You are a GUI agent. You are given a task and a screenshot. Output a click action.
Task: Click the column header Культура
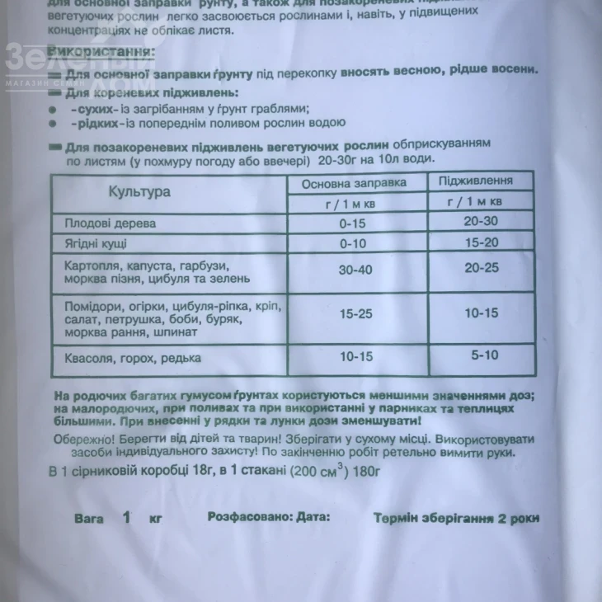click(x=139, y=191)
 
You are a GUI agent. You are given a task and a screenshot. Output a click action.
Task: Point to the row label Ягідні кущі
click(x=96, y=245)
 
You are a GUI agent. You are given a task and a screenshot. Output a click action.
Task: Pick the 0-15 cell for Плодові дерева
click(x=356, y=223)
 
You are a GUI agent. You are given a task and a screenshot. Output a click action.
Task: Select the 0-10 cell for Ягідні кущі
click(x=356, y=245)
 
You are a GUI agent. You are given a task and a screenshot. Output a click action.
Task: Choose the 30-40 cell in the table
click(x=356, y=270)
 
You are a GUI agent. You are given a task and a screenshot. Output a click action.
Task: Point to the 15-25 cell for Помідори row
click(x=356, y=314)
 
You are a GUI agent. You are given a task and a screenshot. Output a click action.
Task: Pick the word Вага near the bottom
click(x=89, y=519)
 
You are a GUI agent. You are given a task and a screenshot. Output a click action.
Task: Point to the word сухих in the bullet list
click(x=90, y=108)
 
